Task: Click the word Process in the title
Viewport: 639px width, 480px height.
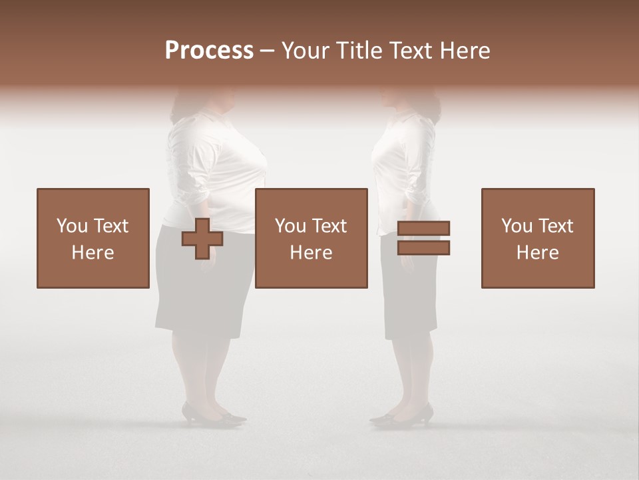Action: point(209,51)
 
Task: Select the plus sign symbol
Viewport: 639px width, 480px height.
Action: point(202,239)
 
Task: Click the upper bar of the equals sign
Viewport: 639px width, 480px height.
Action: point(423,228)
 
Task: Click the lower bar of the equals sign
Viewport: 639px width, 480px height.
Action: point(423,248)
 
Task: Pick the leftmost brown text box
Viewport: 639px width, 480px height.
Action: point(93,238)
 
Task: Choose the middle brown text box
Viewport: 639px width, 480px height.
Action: point(311,238)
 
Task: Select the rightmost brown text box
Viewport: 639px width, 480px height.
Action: point(538,238)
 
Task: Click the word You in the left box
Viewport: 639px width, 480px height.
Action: point(71,226)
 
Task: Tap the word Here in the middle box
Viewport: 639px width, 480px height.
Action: point(311,253)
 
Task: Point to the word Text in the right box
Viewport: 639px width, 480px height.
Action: point(556,226)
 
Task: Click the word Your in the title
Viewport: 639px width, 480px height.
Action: point(306,51)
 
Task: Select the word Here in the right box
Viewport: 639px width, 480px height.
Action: point(538,253)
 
